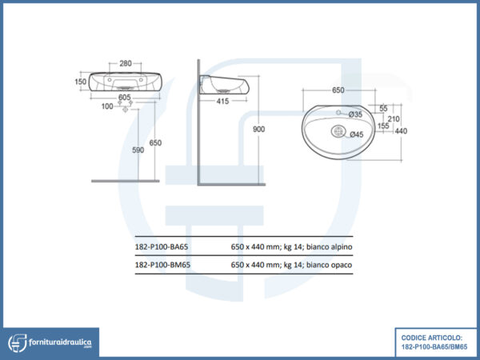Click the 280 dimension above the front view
click(x=126, y=63)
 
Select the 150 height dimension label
click(x=81, y=82)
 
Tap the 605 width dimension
click(x=125, y=97)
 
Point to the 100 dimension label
click(x=107, y=106)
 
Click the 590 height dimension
click(x=138, y=150)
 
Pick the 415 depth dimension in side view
click(x=222, y=101)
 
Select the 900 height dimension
click(x=258, y=129)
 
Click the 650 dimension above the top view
click(x=338, y=90)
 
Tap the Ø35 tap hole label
click(x=355, y=114)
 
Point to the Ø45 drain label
click(x=357, y=134)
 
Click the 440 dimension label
click(x=401, y=131)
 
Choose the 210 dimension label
click(x=394, y=118)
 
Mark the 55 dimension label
click(x=383, y=108)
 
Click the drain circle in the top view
click(x=338, y=131)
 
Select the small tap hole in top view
click(x=338, y=113)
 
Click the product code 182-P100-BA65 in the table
click(x=162, y=246)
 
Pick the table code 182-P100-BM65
click(x=162, y=265)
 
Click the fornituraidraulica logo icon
click(x=18, y=343)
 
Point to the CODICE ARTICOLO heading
click(x=432, y=338)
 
